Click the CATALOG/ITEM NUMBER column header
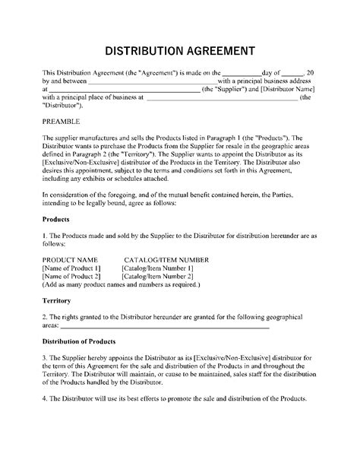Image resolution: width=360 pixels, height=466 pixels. click(168, 260)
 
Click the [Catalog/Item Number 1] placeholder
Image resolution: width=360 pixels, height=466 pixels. click(159, 268)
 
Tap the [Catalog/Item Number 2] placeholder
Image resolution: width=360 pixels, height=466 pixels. click(159, 277)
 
